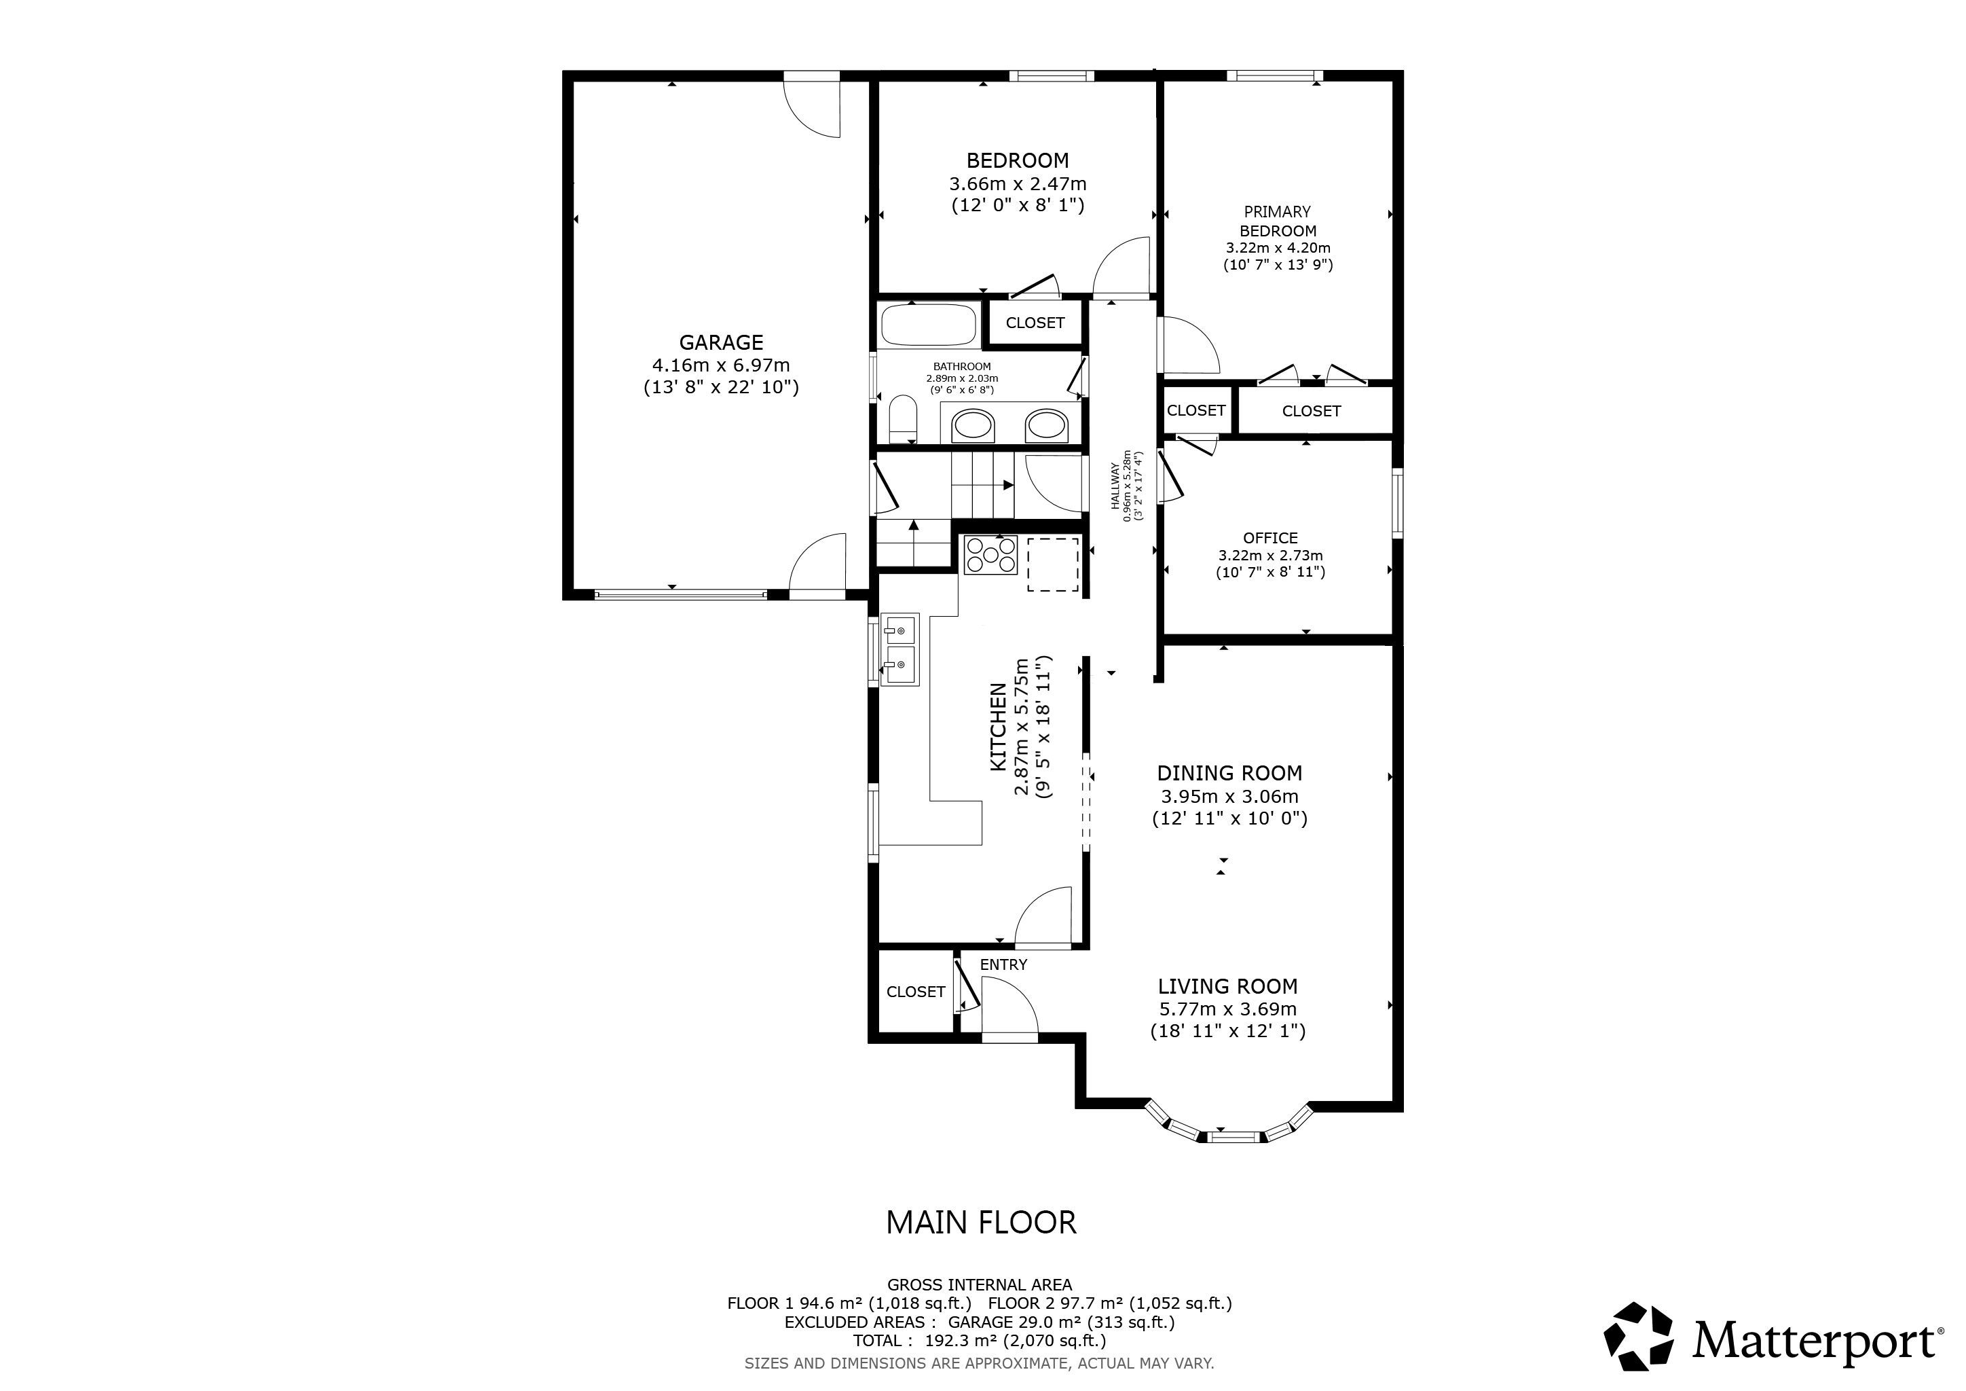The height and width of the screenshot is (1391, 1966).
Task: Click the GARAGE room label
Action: point(721,342)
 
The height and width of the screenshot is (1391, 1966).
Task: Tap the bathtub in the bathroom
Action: point(929,325)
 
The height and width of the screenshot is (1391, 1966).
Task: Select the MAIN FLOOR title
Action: point(981,1223)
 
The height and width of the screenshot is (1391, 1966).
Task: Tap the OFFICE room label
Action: point(1271,538)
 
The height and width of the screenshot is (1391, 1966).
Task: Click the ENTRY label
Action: point(1003,964)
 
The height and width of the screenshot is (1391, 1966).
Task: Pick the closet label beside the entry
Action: point(915,992)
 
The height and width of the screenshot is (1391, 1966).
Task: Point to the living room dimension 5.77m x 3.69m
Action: point(1228,1009)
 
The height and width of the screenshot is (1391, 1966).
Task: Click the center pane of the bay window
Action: point(1236,1138)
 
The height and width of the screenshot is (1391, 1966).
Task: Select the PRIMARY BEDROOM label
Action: point(1278,221)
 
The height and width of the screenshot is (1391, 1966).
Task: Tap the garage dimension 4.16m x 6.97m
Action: point(721,365)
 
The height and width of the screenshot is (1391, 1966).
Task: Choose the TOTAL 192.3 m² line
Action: point(980,1341)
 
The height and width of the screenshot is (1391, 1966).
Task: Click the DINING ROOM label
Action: point(1229,774)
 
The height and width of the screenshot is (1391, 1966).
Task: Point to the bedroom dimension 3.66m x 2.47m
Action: point(1017,183)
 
